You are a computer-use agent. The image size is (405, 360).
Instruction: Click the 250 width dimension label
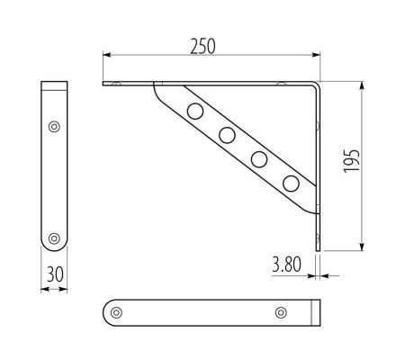coord(202,47)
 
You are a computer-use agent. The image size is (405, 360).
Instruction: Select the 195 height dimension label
coord(351,160)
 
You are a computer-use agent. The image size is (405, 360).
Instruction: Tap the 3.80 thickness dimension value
coord(286,265)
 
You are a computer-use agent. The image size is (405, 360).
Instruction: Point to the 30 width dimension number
coord(55,274)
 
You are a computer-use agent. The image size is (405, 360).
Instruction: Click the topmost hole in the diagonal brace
coord(195,111)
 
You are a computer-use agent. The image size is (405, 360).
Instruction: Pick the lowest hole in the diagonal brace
coord(291,184)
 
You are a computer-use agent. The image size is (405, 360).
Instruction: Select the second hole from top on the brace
coord(227,135)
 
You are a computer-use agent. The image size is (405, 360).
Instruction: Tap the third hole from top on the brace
coord(259,159)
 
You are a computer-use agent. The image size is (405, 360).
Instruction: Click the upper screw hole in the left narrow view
coord(54,127)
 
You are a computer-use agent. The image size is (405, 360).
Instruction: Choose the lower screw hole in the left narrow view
coord(54,238)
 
